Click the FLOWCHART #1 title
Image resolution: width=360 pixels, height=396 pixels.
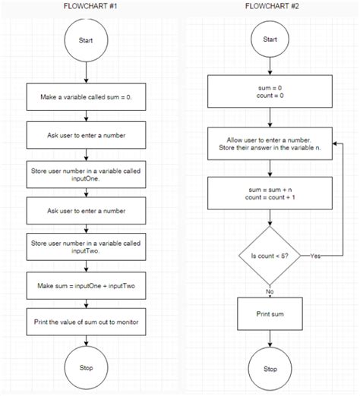pos(87,6)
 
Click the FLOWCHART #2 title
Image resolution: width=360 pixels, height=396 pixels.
pos(270,6)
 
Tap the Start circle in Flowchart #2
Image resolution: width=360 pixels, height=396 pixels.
pos(270,39)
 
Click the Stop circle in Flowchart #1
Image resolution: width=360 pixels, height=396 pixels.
pos(87,367)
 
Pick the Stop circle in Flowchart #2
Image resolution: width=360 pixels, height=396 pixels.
pos(270,369)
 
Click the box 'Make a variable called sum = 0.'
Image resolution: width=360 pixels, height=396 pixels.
pos(87,97)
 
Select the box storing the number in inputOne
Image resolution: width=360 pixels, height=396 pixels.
pos(87,176)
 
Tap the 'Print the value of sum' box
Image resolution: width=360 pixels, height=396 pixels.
pos(87,322)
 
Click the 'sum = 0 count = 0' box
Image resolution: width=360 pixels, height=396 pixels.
pos(270,93)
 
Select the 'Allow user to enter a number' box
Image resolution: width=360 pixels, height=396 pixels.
pos(270,144)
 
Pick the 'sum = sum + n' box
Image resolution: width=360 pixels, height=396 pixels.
pos(270,193)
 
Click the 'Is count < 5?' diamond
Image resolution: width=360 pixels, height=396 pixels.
pos(270,256)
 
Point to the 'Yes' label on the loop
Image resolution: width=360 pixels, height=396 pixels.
pos(317,256)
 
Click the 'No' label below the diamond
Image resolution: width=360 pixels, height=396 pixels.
pos(270,291)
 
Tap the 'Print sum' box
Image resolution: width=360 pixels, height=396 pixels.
pos(270,313)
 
